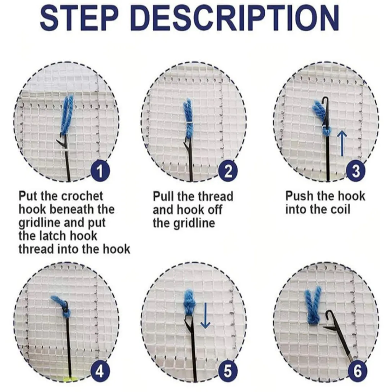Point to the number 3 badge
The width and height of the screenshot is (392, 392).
point(356,171)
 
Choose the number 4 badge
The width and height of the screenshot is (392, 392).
point(100,371)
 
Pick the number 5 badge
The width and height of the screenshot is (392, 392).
point(228,371)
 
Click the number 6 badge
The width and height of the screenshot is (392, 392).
point(358,371)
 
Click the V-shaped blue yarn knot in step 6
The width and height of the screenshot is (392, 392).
point(313,306)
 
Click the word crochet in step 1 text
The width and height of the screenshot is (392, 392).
point(82,196)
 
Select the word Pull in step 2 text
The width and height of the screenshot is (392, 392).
point(163,197)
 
